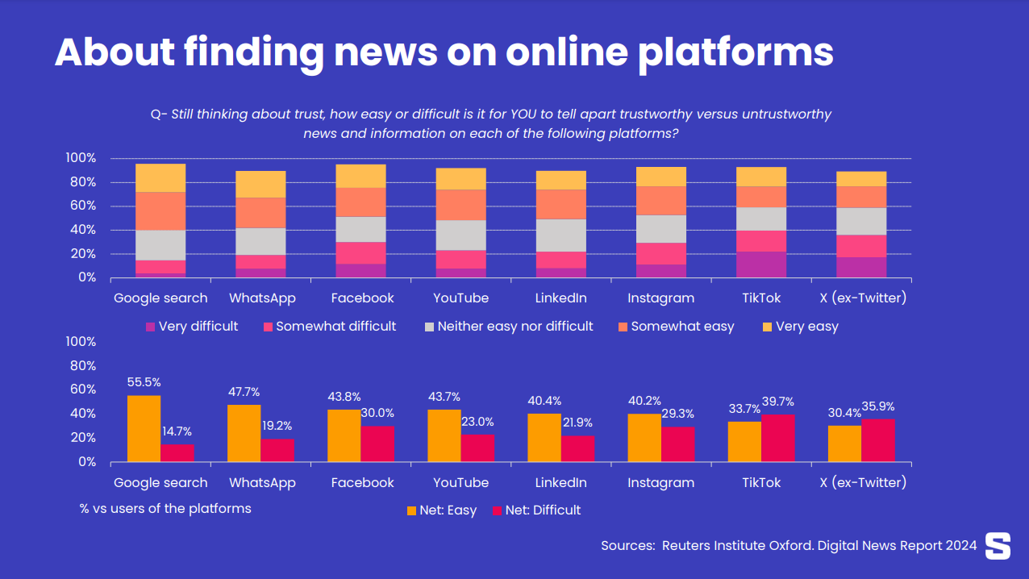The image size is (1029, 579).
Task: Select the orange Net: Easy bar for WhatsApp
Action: click(244, 433)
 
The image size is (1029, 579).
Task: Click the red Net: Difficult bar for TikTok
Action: click(777, 438)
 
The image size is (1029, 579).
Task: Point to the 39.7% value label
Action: click(778, 402)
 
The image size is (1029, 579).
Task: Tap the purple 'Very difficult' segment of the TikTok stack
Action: click(760, 265)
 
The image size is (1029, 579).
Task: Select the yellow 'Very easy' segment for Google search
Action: click(160, 177)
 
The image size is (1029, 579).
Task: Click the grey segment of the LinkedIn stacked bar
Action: click(560, 235)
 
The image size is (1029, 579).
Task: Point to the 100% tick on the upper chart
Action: click(81, 158)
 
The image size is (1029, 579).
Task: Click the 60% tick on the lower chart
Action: click(81, 389)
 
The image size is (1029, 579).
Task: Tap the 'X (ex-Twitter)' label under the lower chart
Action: click(862, 483)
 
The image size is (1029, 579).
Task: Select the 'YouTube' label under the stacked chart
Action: click(460, 298)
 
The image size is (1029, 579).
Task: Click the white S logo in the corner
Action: click(998, 546)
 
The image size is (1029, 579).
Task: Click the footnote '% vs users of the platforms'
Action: click(165, 509)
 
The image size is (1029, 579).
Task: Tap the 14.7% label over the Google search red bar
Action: click(177, 431)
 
